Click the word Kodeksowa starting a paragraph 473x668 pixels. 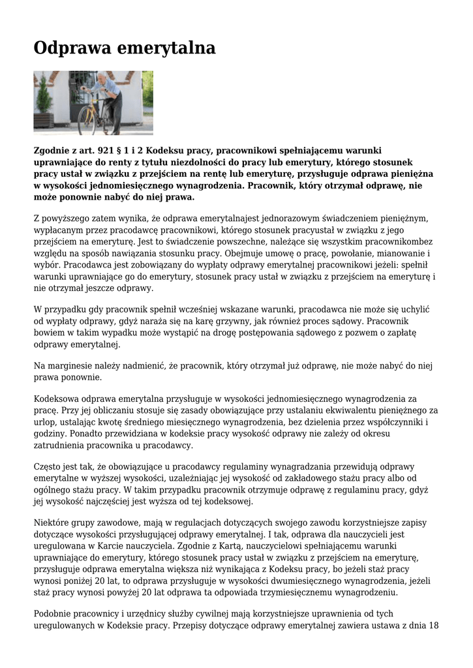(56, 399)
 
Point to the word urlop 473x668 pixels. (44, 422)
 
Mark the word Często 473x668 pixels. (48, 467)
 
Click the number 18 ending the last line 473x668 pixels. (431, 626)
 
